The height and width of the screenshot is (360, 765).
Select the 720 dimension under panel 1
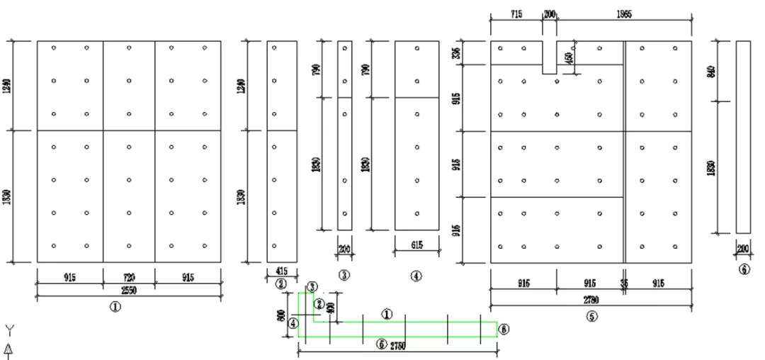(x=129, y=279)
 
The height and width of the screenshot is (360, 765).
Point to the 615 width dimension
(x=416, y=244)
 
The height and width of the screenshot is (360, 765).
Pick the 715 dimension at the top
(x=516, y=14)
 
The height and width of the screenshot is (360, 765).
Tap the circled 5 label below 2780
(x=591, y=315)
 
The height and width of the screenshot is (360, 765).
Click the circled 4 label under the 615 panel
(x=416, y=275)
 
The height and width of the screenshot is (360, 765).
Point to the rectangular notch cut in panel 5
(x=550, y=57)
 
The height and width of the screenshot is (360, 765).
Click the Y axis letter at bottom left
(x=9, y=329)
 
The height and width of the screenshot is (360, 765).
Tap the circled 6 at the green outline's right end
(x=504, y=329)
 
